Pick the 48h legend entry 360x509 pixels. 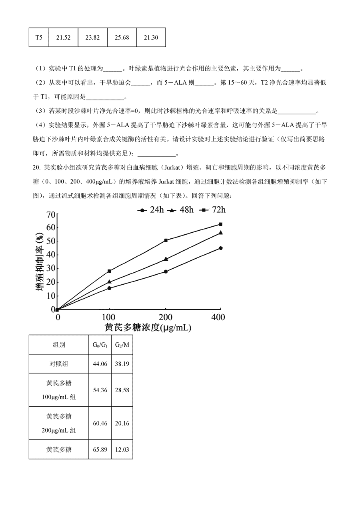[x=180, y=210]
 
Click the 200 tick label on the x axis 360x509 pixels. [x=165, y=317]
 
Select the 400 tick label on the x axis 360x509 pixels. [x=218, y=317]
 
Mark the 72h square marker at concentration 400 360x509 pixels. [x=220, y=224]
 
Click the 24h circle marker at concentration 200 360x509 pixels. [x=166, y=271]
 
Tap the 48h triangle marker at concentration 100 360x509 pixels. [x=109, y=281]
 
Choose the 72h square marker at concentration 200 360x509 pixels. [x=166, y=240]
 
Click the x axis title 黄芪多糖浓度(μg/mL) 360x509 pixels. [x=148, y=328]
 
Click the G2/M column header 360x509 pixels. [x=122, y=345]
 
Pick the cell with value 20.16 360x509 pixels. [x=122, y=423]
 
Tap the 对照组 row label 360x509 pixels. [x=59, y=364]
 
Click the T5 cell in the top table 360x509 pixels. [x=39, y=38]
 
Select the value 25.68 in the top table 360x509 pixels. [x=122, y=38]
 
